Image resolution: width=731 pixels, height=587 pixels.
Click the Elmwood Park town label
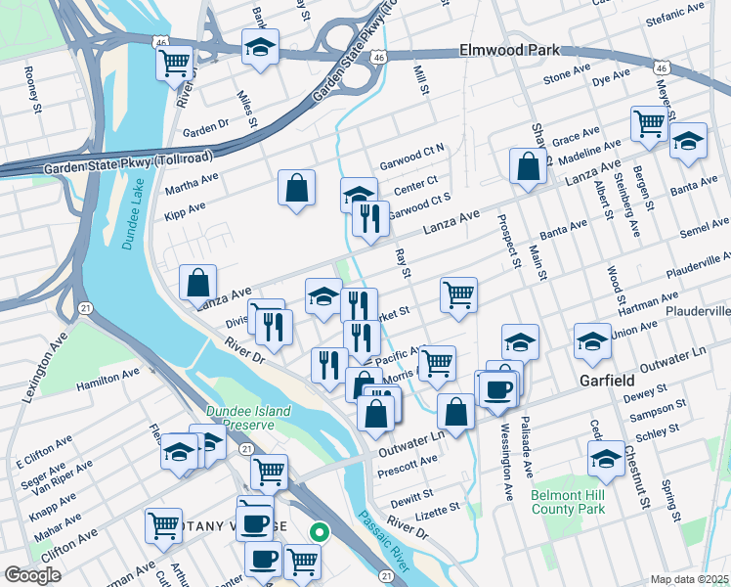point(509,50)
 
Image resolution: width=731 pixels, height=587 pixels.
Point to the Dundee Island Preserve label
point(248,419)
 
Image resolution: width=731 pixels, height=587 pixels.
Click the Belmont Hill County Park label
point(569,503)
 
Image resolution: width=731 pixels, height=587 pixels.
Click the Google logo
point(32,575)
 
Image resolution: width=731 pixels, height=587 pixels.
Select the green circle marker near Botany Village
point(319,532)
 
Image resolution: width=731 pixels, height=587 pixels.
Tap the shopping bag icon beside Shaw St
point(528,167)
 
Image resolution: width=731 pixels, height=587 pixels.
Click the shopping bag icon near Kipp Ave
point(296,189)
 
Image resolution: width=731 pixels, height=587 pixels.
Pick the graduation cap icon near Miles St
point(260,47)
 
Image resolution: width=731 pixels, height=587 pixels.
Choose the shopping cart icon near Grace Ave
point(649,123)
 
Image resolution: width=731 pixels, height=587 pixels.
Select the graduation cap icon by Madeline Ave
point(688,141)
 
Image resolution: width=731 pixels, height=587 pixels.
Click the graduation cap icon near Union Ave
point(592,341)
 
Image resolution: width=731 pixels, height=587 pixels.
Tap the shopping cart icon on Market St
point(458,293)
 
